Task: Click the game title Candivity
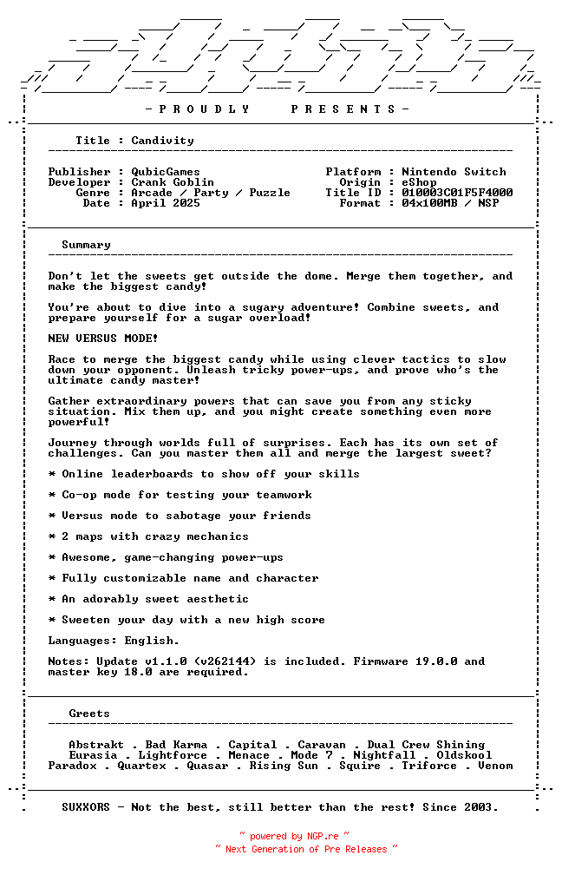click(162, 141)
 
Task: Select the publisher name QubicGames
click(166, 172)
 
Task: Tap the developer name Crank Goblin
click(173, 182)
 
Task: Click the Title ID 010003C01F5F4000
click(457, 193)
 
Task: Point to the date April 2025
click(166, 203)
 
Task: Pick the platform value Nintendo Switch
click(454, 172)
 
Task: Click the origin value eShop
click(419, 182)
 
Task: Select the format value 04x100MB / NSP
click(450, 203)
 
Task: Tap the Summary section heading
click(86, 245)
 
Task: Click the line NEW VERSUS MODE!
click(103, 339)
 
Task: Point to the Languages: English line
click(114, 641)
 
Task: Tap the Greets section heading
click(89, 714)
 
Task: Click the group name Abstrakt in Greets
click(96, 745)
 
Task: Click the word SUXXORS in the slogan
click(86, 807)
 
